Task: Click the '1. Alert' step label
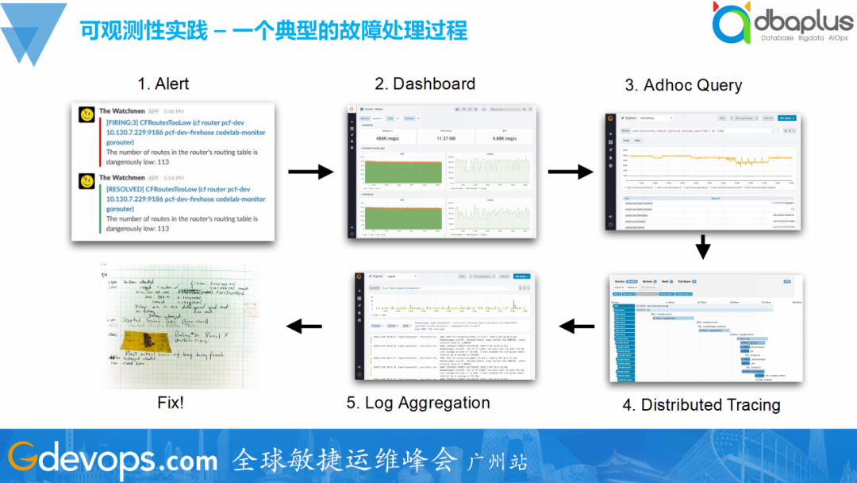(163, 83)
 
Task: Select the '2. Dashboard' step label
(425, 83)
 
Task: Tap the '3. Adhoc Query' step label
(683, 85)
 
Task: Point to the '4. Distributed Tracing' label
(701, 404)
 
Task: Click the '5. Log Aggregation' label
(418, 403)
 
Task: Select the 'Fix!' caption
(171, 403)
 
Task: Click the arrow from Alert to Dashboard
(309, 171)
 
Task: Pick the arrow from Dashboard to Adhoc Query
(569, 172)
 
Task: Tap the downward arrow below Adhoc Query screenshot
(702, 249)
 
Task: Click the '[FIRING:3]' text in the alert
(126, 122)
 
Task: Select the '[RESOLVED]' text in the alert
(131, 189)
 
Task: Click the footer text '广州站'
(498, 462)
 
